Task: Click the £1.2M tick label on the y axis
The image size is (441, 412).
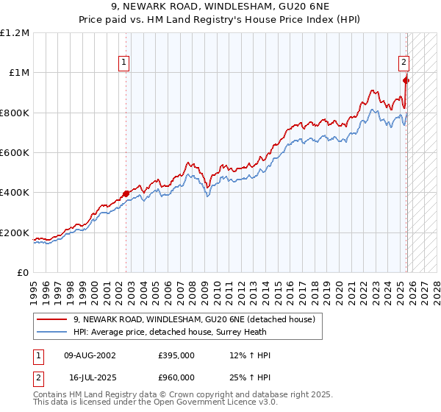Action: (14, 32)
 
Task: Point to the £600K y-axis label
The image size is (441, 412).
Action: (14, 152)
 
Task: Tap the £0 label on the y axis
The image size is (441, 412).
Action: (23, 272)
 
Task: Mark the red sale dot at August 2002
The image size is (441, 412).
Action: (126, 193)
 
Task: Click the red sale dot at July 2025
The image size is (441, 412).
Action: (406, 80)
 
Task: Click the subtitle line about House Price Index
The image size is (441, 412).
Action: (220, 20)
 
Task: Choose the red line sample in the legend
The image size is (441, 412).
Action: (52, 319)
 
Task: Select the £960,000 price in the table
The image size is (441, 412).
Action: (176, 377)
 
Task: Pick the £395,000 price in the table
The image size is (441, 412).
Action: (176, 355)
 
